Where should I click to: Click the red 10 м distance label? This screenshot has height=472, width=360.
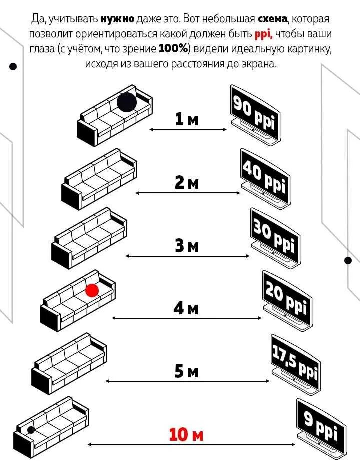(x=186, y=434)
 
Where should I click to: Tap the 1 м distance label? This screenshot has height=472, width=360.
(x=186, y=120)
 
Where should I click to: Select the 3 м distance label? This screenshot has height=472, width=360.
(x=186, y=246)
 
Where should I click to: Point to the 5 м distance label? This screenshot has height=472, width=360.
(x=186, y=371)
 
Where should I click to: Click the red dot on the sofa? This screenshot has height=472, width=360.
(x=92, y=290)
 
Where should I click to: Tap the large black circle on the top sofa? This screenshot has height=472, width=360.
(x=127, y=102)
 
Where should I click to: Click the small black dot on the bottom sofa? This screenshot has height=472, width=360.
(x=31, y=429)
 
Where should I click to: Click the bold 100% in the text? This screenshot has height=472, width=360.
(x=174, y=49)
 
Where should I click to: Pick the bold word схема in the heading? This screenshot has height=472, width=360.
(x=273, y=19)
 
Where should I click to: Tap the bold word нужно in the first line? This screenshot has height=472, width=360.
(x=117, y=19)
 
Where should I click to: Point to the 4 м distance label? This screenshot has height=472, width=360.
(x=186, y=308)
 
